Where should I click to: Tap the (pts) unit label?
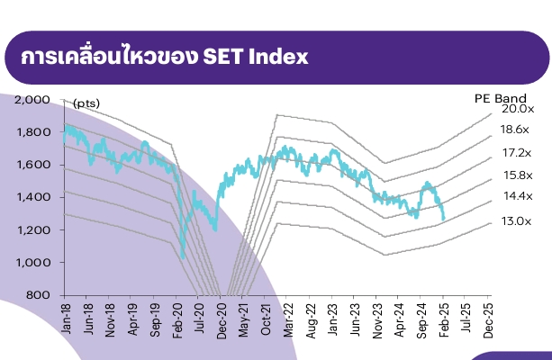tap(86, 104)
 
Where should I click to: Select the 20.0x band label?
tap(518, 108)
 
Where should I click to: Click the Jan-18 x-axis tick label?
tap(66, 317)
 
